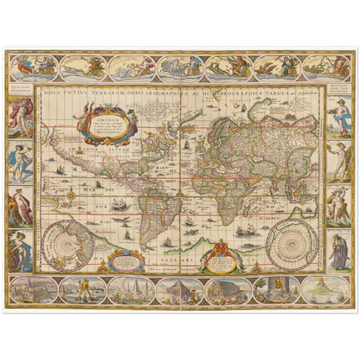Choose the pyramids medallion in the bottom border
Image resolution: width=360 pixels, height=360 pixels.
pos(130,291)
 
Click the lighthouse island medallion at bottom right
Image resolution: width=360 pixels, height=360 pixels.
pos(327,291)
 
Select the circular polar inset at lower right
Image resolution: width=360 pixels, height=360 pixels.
pos(291,237)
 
